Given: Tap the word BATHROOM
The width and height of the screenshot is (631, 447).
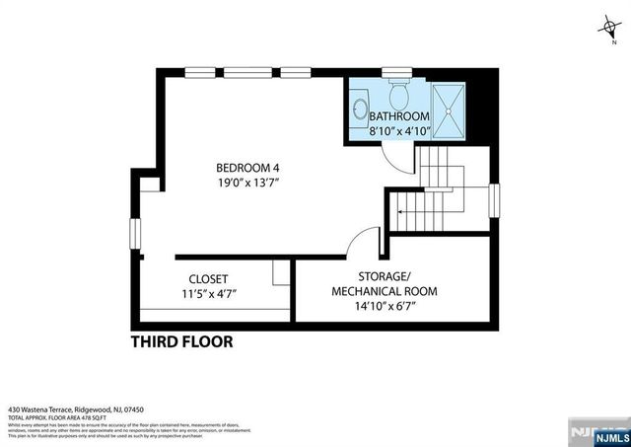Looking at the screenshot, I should (399, 115).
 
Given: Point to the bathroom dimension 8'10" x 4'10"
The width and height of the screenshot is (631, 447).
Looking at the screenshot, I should (399, 130).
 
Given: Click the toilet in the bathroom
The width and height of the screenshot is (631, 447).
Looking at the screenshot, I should (399, 95).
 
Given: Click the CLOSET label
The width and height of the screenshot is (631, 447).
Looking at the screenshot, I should (208, 278).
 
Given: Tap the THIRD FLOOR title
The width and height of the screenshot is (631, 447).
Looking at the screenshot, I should (182, 342).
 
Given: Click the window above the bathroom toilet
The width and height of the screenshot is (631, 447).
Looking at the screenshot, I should (397, 71).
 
